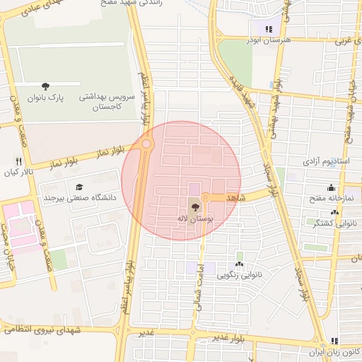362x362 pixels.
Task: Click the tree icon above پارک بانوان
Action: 46,86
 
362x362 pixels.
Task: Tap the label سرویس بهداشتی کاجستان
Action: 97,100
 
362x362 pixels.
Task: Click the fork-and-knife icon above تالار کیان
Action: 18,161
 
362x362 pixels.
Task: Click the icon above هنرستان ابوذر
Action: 268,29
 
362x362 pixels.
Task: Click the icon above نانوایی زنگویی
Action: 240,264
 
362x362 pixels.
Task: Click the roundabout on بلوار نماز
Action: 146,144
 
